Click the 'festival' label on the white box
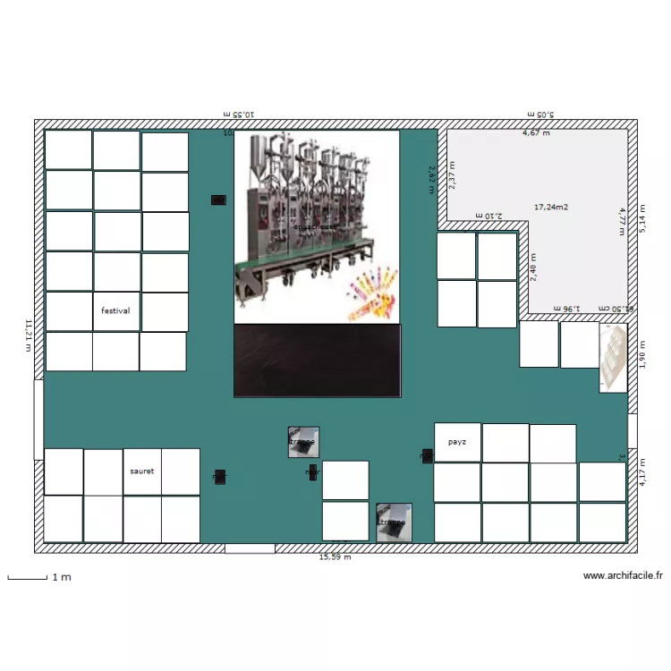tap(115, 311)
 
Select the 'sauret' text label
tap(141, 471)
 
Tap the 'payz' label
tap(456, 442)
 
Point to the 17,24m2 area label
tap(551, 207)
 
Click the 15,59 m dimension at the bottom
tap(335, 556)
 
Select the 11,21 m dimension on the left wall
tap(29, 335)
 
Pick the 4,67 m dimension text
tap(536, 132)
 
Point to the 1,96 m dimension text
tap(566, 308)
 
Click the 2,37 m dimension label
tap(452, 174)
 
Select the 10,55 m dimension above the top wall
tap(238, 114)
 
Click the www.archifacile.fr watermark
tap(623, 576)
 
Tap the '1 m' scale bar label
tap(62, 577)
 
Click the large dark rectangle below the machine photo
tap(317, 360)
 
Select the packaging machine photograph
tap(317, 225)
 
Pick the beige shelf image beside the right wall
tap(613, 358)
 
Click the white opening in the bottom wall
tap(250, 548)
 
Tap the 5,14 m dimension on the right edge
tap(641, 216)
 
